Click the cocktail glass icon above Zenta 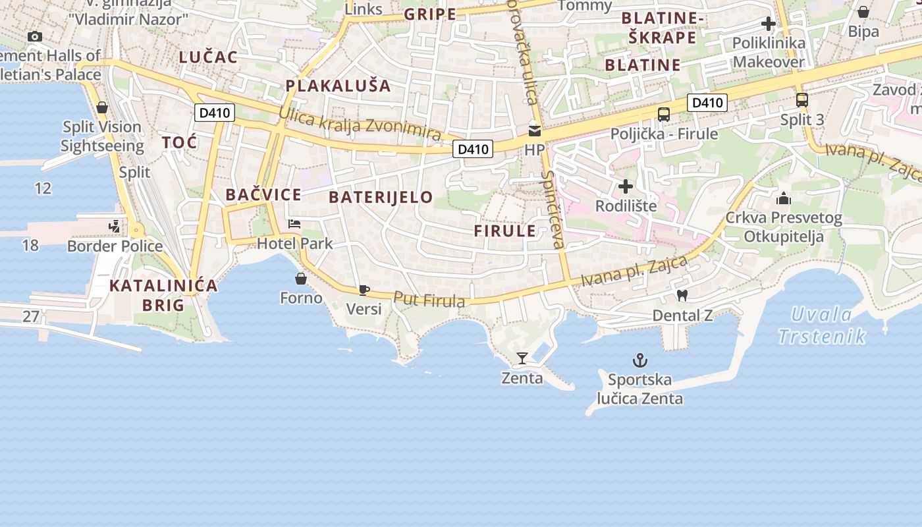[522, 358]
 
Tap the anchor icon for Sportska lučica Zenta [639, 360]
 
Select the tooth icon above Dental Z [682, 296]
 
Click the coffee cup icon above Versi [364, 290]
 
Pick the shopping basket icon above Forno [301, 279]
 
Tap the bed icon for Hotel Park [294, 224]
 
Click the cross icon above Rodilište [626, 186]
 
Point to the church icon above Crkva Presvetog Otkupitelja [784, 198]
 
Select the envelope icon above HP [535, 130]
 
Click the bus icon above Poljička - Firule [664, 114]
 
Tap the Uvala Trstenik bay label [822, 325]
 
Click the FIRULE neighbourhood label [505, 231]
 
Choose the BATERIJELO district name [381, 197]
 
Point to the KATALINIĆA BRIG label [163, 295]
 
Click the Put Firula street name [429, 300]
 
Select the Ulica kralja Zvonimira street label [360, 124]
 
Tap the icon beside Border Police [115, 227]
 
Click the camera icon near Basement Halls [35, 37]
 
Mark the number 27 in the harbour [31, 316]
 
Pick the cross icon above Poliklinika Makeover [768, 24]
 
